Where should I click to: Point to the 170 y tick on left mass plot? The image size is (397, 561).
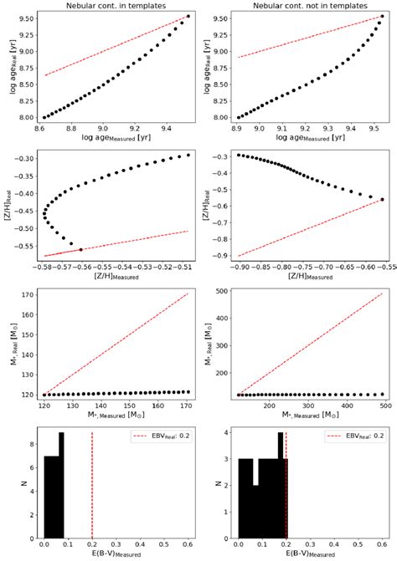pyautogui.click(x=27, y=295)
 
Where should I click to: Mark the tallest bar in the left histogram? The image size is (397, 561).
pyautogui.click(x=60, y=485)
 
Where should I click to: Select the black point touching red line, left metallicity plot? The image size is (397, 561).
pyautogui.click(x=80, y=249)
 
